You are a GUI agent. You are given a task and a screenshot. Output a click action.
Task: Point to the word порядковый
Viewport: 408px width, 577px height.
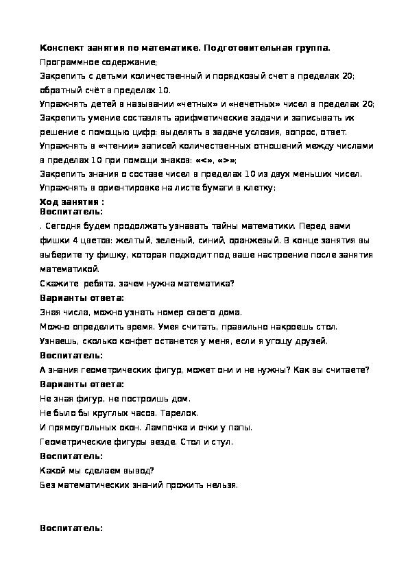[x=229, y=76]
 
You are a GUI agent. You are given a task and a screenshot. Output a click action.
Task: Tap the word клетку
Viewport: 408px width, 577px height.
[x=258, y=188]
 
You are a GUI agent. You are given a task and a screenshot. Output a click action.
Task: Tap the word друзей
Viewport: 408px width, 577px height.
[x=313, y=341]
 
